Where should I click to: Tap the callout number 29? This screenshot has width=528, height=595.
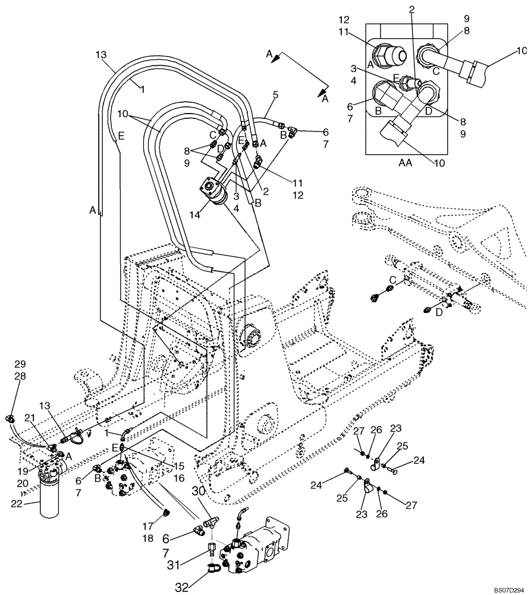coord(20,364)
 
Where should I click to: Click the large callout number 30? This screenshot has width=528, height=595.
coord(199,490)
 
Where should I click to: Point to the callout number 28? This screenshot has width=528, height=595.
coord(20,377)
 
